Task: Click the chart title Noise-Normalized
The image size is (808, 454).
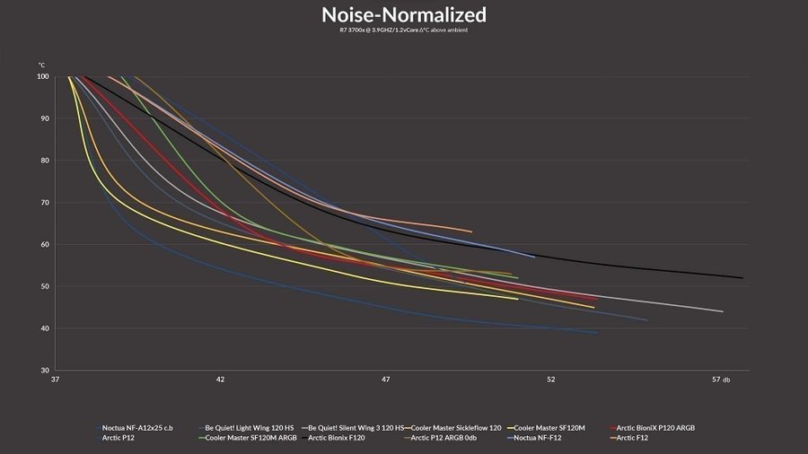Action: pos(404,15)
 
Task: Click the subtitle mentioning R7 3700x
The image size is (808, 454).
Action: pos(404,31)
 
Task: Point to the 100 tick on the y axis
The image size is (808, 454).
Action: pos(42,76)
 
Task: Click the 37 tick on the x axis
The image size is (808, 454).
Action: pos(56,380)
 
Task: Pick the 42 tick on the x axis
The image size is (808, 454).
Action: pos(220,380)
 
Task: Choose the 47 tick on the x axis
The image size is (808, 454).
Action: pos(386,380)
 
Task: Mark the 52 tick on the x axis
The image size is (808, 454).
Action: pos(551,380)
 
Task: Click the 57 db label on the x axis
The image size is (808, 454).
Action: pos(720,380)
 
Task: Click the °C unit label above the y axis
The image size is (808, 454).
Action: pos(41,65)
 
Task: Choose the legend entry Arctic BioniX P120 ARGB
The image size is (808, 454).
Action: pos(655,428)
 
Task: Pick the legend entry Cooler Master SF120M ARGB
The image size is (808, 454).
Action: pos(250,439)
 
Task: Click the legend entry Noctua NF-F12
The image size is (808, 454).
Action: pos(538,439)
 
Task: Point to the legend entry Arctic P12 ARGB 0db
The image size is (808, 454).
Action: pos(452,439)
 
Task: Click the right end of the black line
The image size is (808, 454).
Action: pos(742,278)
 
